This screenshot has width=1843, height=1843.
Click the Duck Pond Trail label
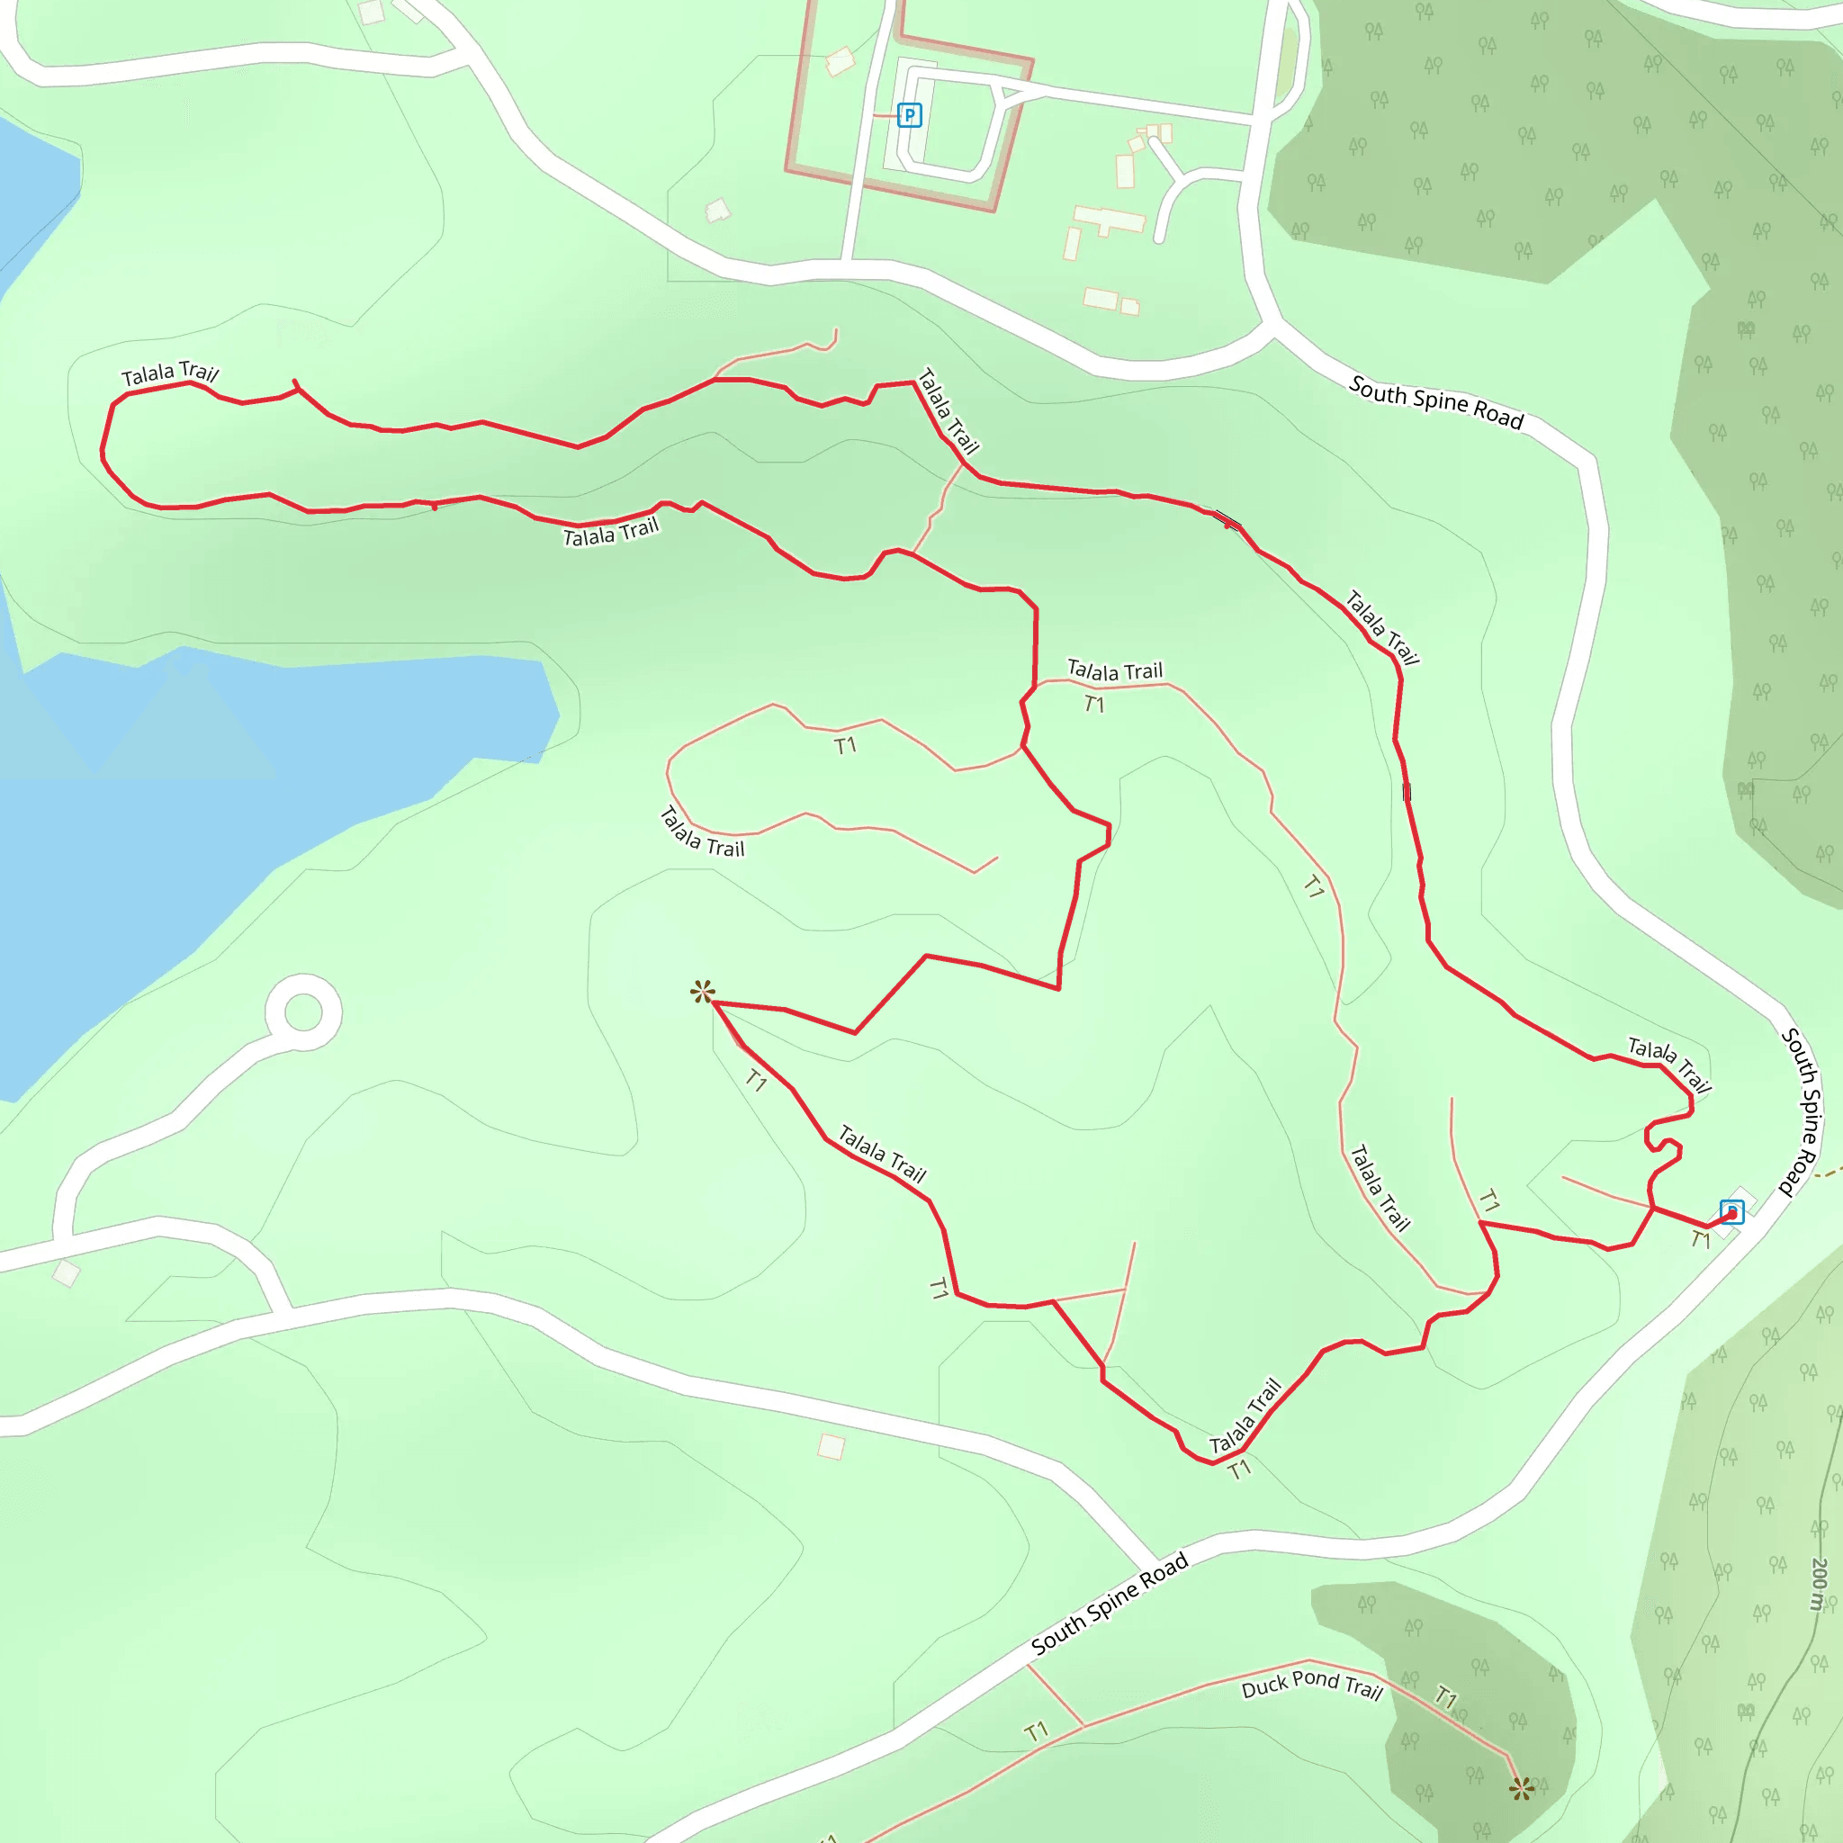pyautogui.click(x=1312, y=1686)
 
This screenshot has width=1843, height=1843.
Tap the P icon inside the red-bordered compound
pyautogui.click(x=909, y=115)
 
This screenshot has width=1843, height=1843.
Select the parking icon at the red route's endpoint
pyautogui.click(x=1731, y=1211)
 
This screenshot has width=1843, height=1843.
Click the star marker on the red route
pyautogui.click(x=702, y=992)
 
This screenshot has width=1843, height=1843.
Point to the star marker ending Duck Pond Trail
pyautogui.click(x=1522, y=1789)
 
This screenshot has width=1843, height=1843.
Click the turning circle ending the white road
pyautogui.click(x=303, y=1011)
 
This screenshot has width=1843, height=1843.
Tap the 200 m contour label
pyautogui.click(x=1818, y=1584)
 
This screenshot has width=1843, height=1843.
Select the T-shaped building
pyautogui.click(x=1110, y=220)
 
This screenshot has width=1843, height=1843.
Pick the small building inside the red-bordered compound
pyautogui.click(x=840, y=62)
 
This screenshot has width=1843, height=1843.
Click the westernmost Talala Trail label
pyautogui.click(x=170, y=373)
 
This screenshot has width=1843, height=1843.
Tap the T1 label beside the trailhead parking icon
pyautogui.click(x=1701, y=1239)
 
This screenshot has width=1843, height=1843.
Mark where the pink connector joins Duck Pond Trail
pyautogui.click(x=1083, y=1726)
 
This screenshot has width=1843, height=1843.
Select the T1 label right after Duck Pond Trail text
pyautogui.click(x=1446, y=1698)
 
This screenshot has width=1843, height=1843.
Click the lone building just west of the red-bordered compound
pyautogui.click(x=717, y=211)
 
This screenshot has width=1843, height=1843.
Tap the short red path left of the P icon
pyautogui.click(x=885, y=115)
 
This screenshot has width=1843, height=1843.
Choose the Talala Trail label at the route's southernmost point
pyautogui.click(x=1245, y=1416)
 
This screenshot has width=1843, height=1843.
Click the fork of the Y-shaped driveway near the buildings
pyautogui.click(x=1182, y=175)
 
